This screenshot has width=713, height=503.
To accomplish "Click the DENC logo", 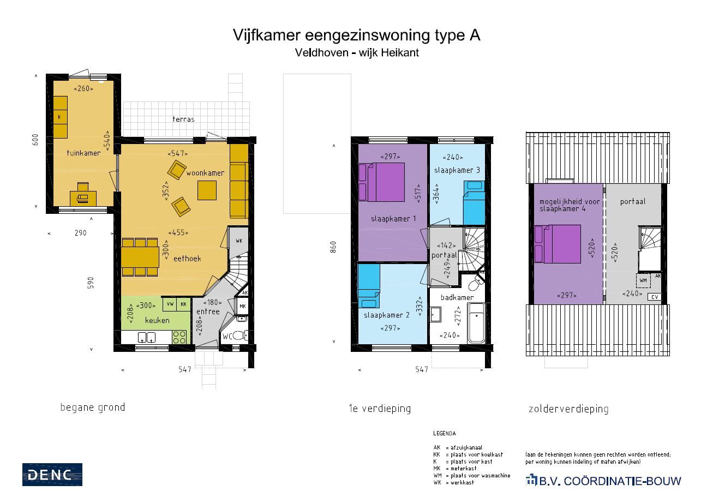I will tap(52, 474).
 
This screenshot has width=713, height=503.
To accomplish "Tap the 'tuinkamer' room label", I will tap(83, 153).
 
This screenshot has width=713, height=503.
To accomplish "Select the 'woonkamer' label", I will tap(205, 173).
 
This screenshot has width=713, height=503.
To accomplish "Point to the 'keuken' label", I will tap(157, 320).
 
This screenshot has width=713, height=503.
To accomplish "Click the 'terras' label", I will tap(183, 119).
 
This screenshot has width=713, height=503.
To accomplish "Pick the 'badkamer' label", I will tap(457, 297).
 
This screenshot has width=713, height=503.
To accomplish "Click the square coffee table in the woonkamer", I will tap(207, 190).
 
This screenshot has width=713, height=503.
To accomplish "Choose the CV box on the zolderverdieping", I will tap(655, 297).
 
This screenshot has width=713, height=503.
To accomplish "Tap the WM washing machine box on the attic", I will tap(643, 280).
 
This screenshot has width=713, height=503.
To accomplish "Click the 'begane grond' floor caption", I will tap(92, 407).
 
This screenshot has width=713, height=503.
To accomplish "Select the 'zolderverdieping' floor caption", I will tap(568, 409).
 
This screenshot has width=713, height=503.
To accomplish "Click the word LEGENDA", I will tap(444, 434).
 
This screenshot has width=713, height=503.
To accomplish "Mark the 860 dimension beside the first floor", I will tap(334, 247).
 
